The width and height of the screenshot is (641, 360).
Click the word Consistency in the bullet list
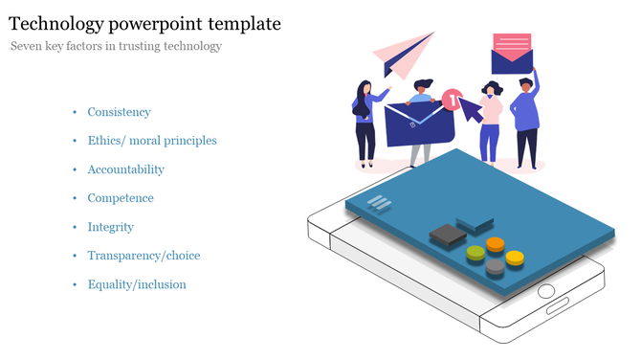click(x=119, y=112)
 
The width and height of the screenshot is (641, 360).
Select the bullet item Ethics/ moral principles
click(x=151, y=141)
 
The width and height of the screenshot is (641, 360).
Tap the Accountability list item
click(x=125, y=169)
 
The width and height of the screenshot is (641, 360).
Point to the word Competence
click(x=120, y=198)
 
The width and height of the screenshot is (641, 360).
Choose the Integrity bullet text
click(x=110, y=227)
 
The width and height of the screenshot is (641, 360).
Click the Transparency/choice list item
click(x=144, y=256)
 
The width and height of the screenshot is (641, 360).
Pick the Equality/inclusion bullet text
click(x=136, y=284)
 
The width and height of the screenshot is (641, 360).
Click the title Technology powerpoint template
click(x=144, y=22)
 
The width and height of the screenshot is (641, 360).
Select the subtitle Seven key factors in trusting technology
click(x=116, y=46)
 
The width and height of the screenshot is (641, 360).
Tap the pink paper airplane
click(x=403, y=55)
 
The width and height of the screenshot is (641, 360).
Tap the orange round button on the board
click(x=495, y=243)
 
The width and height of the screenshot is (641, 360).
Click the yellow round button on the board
click(x=515, y=257)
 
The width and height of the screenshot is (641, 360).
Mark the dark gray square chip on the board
click(x=447, y=233)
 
